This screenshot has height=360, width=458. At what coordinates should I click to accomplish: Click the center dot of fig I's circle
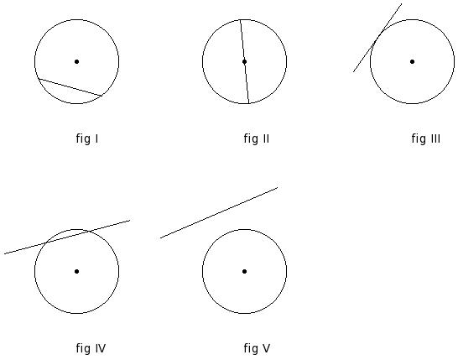coord(77,61)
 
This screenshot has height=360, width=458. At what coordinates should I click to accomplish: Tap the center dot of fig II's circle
coord(244,61)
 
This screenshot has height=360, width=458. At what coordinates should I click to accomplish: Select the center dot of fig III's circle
coord(412,61)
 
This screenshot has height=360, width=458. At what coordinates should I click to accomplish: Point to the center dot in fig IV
coord(77,271)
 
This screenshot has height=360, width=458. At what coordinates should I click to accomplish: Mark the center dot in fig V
coord(244,271)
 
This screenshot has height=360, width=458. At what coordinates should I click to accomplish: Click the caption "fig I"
coord(87,138)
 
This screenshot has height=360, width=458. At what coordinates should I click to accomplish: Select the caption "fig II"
coord(257,138)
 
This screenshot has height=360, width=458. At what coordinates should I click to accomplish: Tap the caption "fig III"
coord(426,138)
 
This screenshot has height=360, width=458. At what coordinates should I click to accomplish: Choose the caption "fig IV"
coord(91,348)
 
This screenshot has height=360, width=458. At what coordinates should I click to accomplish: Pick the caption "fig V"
coord(257,348)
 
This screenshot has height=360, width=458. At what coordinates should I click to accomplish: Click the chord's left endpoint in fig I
coord(39,79)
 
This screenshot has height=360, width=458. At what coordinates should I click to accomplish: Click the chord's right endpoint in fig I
coord(101,96)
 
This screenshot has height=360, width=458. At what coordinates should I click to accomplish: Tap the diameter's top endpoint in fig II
coord(241,20)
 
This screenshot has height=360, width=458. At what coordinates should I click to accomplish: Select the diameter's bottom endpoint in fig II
coord(248,103)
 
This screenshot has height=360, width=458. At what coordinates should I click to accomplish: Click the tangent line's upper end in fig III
coord(402,4)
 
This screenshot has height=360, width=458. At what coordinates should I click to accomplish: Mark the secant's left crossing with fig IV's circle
coord(44,243)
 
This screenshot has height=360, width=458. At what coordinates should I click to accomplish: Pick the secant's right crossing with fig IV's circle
coord(88,231)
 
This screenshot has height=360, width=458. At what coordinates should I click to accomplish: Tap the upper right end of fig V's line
coord(278,187)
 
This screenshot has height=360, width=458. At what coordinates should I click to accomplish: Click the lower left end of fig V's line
coord(160,237)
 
